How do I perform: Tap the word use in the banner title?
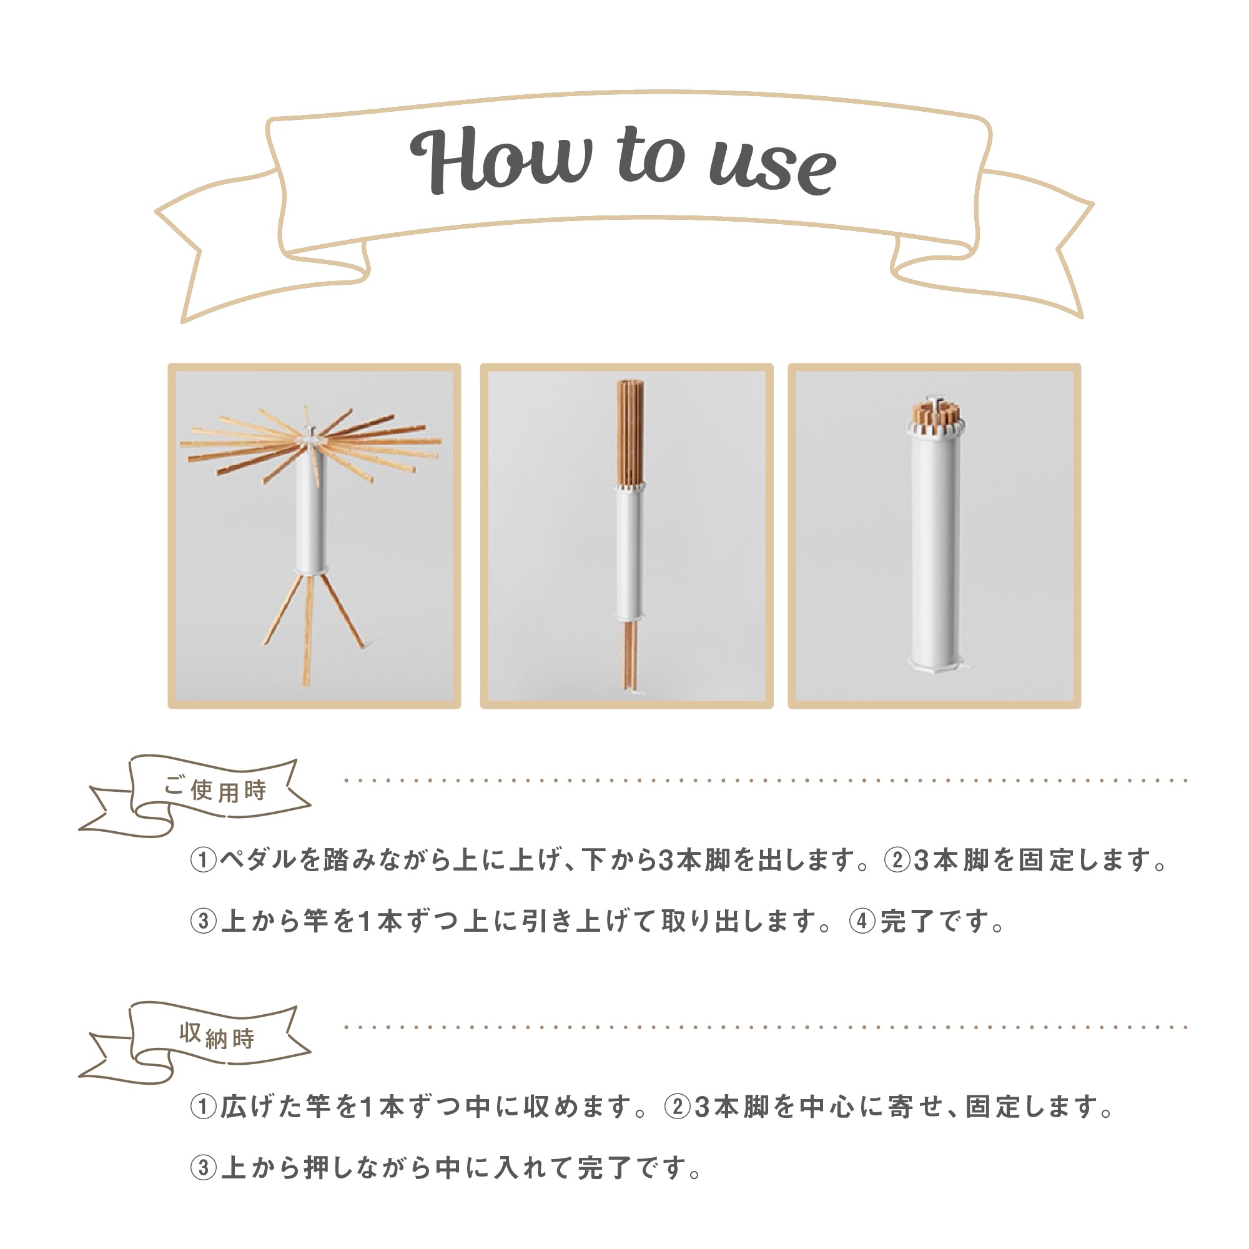773,167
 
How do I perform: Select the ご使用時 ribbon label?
215,790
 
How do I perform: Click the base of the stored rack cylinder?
936,663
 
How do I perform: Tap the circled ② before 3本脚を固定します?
897,861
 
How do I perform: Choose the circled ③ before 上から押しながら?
203,1168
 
